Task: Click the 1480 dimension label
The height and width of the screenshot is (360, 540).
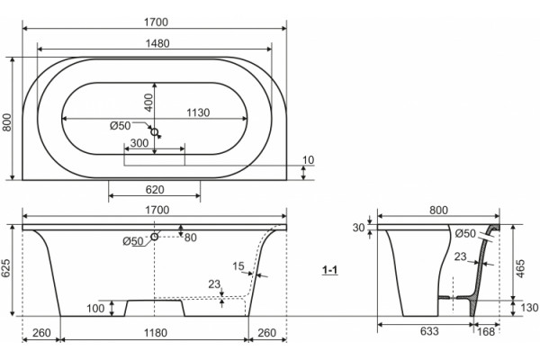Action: (157, 43)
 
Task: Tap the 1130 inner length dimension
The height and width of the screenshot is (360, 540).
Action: (198, 112)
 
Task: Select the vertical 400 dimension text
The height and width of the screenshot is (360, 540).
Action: (148, 103)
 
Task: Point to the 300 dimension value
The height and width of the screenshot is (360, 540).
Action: (139, 143)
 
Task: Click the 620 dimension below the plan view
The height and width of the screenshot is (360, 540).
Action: (155, 190)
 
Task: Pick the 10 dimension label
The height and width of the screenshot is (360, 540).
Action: (308, 160)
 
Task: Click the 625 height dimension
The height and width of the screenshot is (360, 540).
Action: (7, 268)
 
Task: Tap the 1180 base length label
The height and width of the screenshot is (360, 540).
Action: (156, 333)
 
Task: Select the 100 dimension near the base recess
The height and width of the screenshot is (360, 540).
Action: (95, 309)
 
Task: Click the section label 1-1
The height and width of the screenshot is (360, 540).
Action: (329, 270)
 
